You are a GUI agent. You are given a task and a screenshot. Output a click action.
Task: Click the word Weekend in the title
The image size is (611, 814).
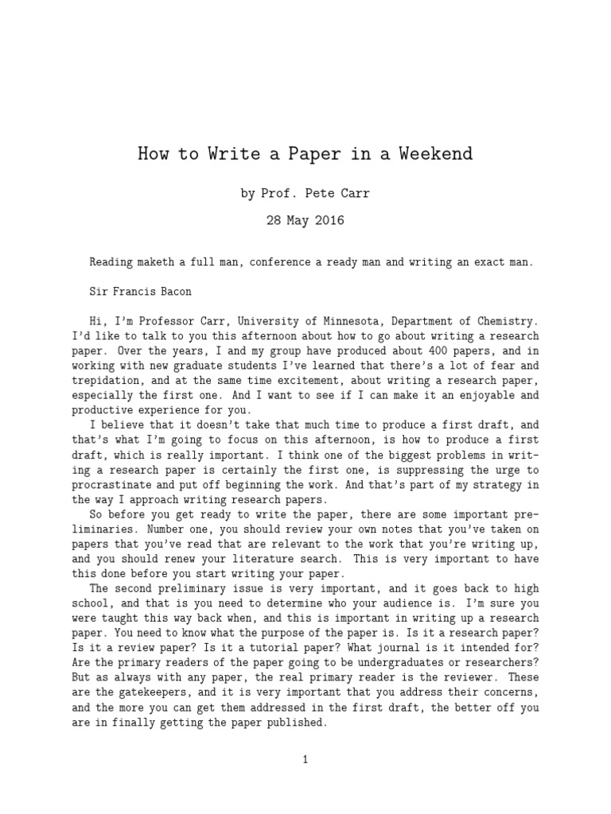click(x=437, y=153)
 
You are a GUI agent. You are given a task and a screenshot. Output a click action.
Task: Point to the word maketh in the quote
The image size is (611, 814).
click(x=161, y=262)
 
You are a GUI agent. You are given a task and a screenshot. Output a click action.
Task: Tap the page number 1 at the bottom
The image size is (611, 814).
click(x=305, y=759)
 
